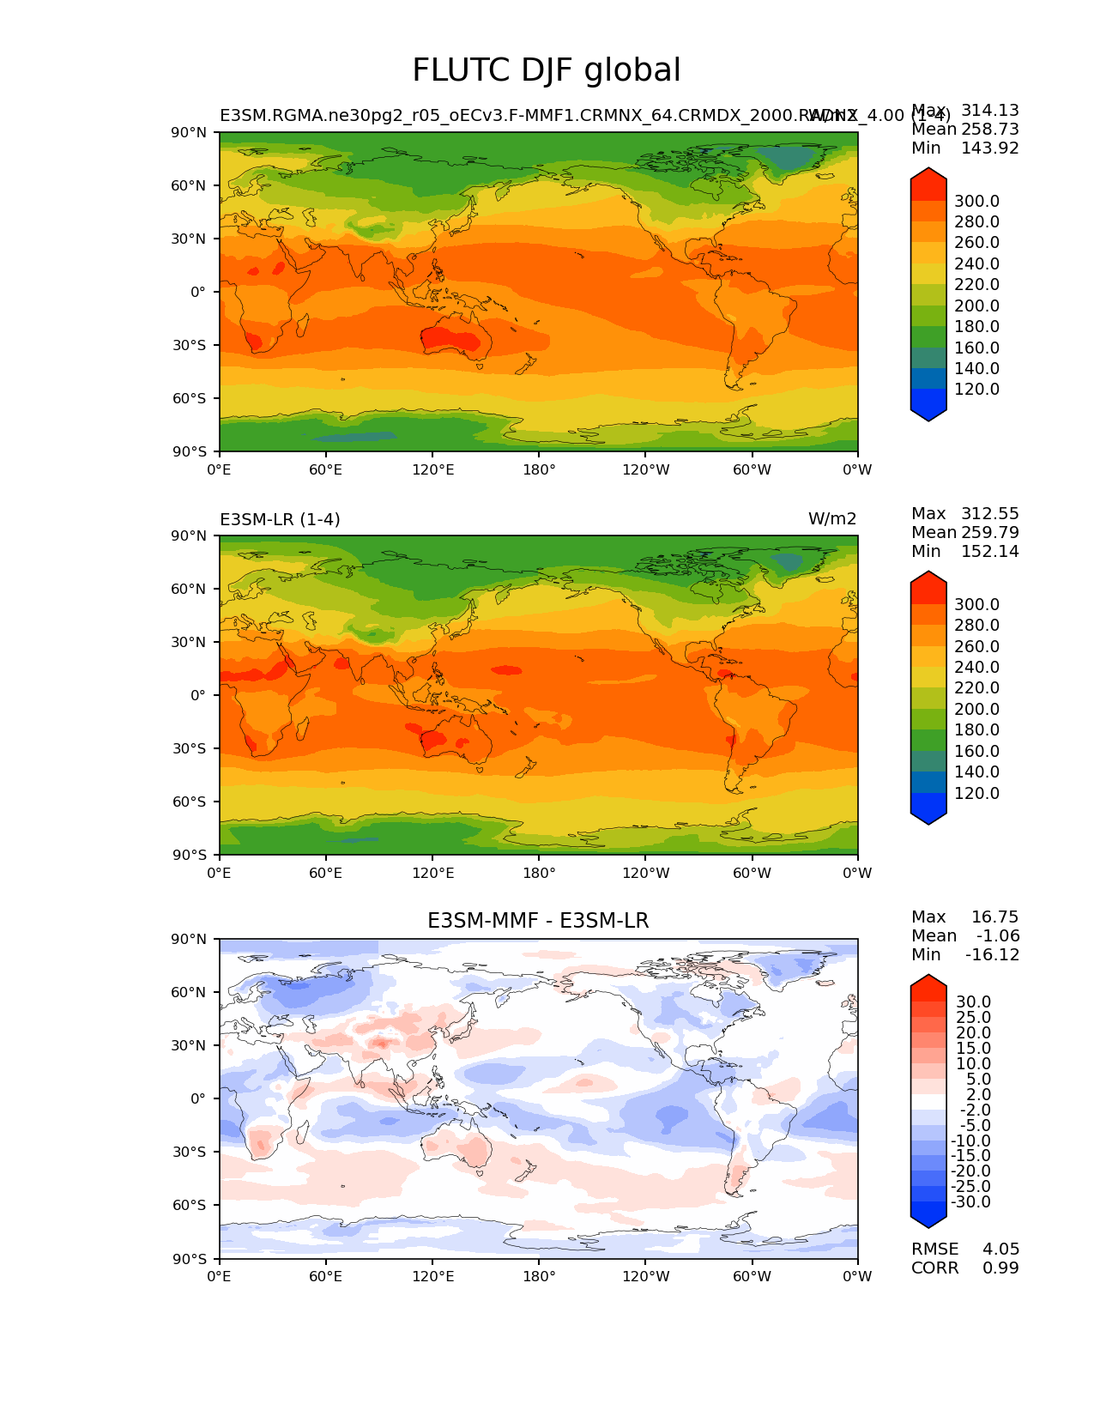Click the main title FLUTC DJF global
tap(547, 70)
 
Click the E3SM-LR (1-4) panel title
tap(280, 519)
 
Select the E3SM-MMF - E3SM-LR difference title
tap(538, 921)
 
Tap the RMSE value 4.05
tap(1000, 1249)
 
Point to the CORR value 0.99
tap(1000, 1268)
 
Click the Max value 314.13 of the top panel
tap(990, 110)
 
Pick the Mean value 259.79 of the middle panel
tap(990, 532)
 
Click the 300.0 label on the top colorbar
tap(976, 201)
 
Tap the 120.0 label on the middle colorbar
tap(976, 793)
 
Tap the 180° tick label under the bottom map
tap(539, 1276)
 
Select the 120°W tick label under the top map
tap(645, 469)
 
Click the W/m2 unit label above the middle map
tap(832, 519)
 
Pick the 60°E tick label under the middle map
tap(326, 873)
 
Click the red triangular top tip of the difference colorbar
tap(928, 983)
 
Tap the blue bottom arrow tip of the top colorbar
tap(928, 414)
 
